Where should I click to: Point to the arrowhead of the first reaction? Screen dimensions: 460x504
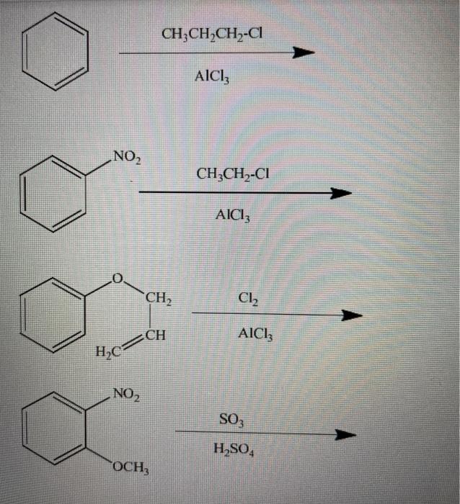pyautogui.click(x=306, y=53)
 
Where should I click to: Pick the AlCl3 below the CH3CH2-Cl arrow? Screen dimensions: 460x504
pyautogui.click(x=233, y=215)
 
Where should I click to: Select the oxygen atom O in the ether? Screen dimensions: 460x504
pyautogui.click(x=120, y=277)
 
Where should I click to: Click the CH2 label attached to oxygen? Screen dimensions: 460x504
pyautogui.click(x=158, y=297)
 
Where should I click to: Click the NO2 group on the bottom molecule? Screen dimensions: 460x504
pyautogui.click(x=127, y=393)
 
